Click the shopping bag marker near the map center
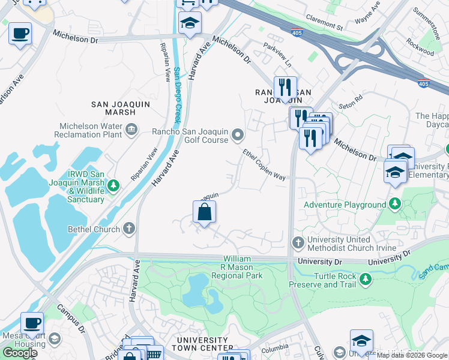coord(204,212)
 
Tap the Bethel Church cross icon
coord(128,229)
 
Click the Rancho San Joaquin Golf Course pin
coord(238,134)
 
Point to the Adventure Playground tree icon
coord(394,205)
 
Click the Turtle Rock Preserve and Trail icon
coord(364,279)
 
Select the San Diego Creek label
coord(177,96)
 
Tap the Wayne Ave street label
coord(367,14)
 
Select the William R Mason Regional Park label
coord(237,267)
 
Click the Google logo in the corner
coord(20,353)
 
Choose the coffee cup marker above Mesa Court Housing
coord(32,322)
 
